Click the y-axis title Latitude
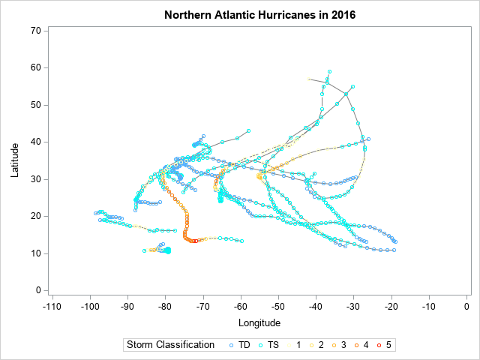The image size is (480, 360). (x=16, y=160)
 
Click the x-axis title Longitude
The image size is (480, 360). (x=259, y=323)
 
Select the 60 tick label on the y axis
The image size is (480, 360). (x=35, y=67)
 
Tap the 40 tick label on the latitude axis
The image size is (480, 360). (x=35, y=142)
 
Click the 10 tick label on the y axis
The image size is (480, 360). (x=35, y=253)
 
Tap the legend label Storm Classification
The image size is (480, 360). (x=171, y=345)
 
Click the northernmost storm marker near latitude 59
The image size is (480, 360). (x=329, y=71)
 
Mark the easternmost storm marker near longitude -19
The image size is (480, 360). (x=395, y=241)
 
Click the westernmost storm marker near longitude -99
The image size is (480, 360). (x=95, y=214)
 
